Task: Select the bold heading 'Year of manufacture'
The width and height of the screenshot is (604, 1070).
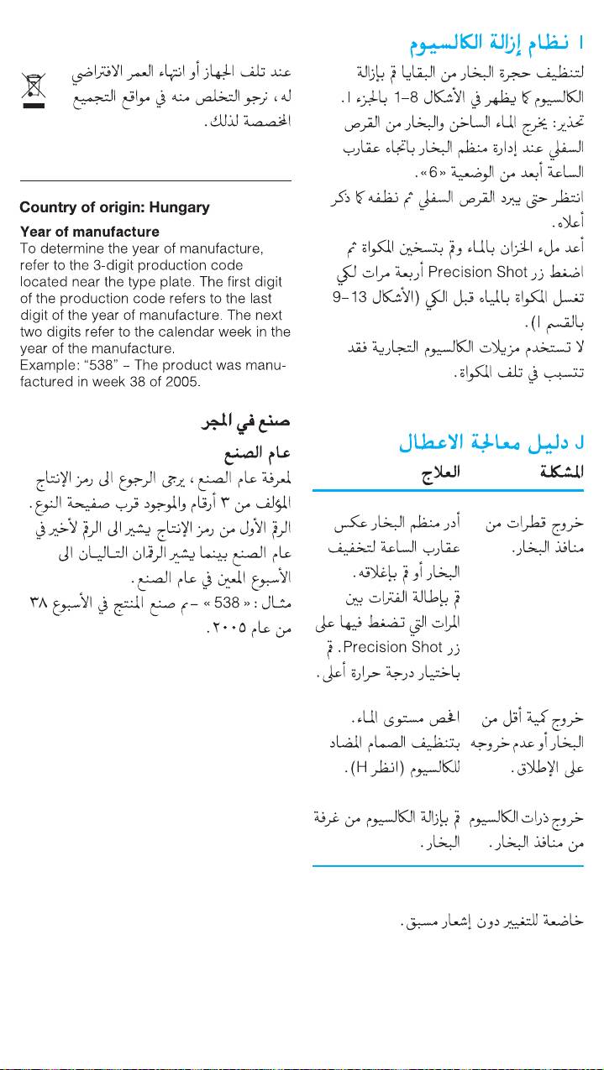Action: click(x=90, y=232)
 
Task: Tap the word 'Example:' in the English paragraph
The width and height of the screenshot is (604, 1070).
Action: click(x=50, y=366)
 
